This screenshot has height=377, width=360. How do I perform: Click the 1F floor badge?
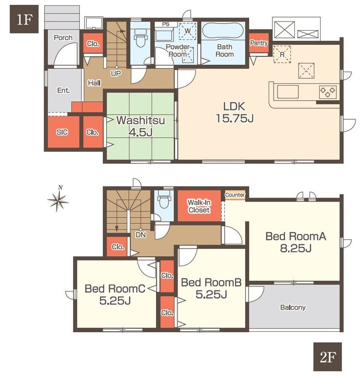(24, 19)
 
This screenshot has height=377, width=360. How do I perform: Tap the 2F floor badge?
(327, 357)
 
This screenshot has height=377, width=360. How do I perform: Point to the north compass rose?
(58, 199)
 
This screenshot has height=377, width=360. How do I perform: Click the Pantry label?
(259, 43)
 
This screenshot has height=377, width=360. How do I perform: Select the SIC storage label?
(62, 132)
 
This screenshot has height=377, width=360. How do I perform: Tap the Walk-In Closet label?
(199, 206)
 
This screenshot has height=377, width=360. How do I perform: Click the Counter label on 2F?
(235, 195)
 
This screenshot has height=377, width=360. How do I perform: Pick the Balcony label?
(293, 307)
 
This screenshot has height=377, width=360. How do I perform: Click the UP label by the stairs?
(116, 73)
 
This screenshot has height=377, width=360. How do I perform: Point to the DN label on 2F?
(141, 234)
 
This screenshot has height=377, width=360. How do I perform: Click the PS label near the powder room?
(165, 24)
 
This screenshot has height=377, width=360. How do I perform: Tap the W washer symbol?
(188, 31)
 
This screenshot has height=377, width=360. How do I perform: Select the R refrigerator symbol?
(282, 54)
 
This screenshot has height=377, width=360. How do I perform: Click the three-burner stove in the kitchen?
(327, 92)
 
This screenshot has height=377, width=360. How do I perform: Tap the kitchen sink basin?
(288, 92)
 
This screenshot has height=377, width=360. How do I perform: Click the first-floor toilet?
(141, 38)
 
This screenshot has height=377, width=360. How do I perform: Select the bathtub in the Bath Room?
(223, 31)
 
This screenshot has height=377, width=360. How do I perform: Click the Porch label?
(63, 37)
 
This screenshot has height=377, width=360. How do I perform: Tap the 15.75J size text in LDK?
(234, 118)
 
